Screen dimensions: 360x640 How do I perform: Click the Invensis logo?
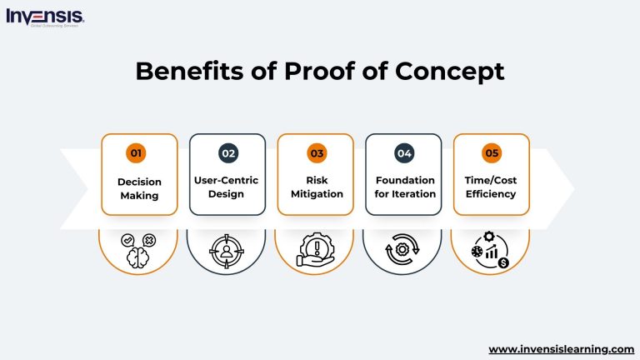(44, 17)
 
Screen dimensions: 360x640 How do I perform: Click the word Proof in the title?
(305, 72)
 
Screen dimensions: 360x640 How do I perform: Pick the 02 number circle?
(227, 153)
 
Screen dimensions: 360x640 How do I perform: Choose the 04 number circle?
(404, 153)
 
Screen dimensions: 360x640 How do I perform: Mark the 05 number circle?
(492, 153)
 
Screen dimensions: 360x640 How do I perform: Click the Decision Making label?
(138, 187)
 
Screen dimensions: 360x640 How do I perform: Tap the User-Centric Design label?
(227, 187)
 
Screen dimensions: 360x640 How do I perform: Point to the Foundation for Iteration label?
(405, 187)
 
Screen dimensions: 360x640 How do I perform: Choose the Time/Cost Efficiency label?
(492, 187)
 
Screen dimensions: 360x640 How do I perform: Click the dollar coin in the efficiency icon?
(504, 263)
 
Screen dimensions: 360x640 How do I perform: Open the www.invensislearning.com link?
(561, 349)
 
